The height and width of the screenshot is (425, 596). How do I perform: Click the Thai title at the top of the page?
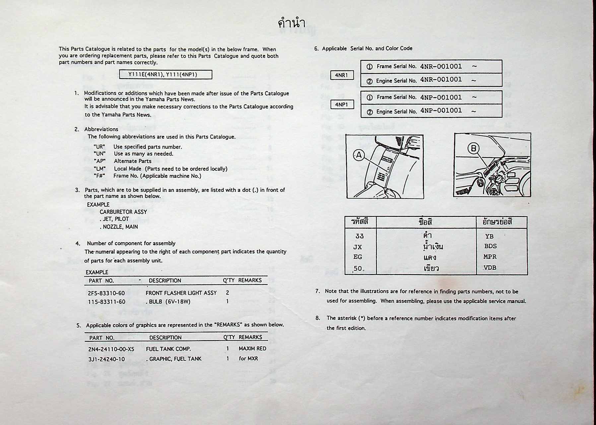[x=291, y=23]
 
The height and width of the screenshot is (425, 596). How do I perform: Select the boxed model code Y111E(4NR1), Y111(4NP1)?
[x=166, y=74]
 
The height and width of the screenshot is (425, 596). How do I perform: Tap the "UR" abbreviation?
[x=99, y=147]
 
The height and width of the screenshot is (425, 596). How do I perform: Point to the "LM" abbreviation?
[x=99, y=169]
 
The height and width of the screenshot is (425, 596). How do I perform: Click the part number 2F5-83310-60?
[x=106, y=293]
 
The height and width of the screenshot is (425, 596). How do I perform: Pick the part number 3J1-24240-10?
[x=106, y=359]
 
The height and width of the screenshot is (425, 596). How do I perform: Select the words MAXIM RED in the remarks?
[x=252, y=349]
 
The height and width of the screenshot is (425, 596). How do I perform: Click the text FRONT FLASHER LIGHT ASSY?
[x=181, y=293]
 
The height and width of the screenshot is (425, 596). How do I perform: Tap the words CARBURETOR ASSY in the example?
[x=123, y=212]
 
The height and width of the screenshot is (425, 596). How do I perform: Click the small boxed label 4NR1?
[x=342, y=75]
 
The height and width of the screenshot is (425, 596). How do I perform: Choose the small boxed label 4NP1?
[x=342, y=105]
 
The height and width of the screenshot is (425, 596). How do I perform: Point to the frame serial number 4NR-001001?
[x=441, y=66]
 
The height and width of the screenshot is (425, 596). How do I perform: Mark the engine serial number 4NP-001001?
[x=441, y=111]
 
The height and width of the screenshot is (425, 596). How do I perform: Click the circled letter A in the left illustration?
[x=359, y=155]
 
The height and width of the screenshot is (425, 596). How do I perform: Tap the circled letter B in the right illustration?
[x=473, y=148]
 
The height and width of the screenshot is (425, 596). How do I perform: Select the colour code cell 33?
[x=360, y=236]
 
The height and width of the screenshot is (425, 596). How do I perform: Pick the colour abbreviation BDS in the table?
[x=490, y=246]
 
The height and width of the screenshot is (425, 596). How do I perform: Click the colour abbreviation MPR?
[x=490, y=257]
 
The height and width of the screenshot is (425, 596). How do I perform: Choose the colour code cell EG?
[x=358, y=257]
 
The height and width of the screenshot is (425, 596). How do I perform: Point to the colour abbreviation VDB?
[x=490, y=268]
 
